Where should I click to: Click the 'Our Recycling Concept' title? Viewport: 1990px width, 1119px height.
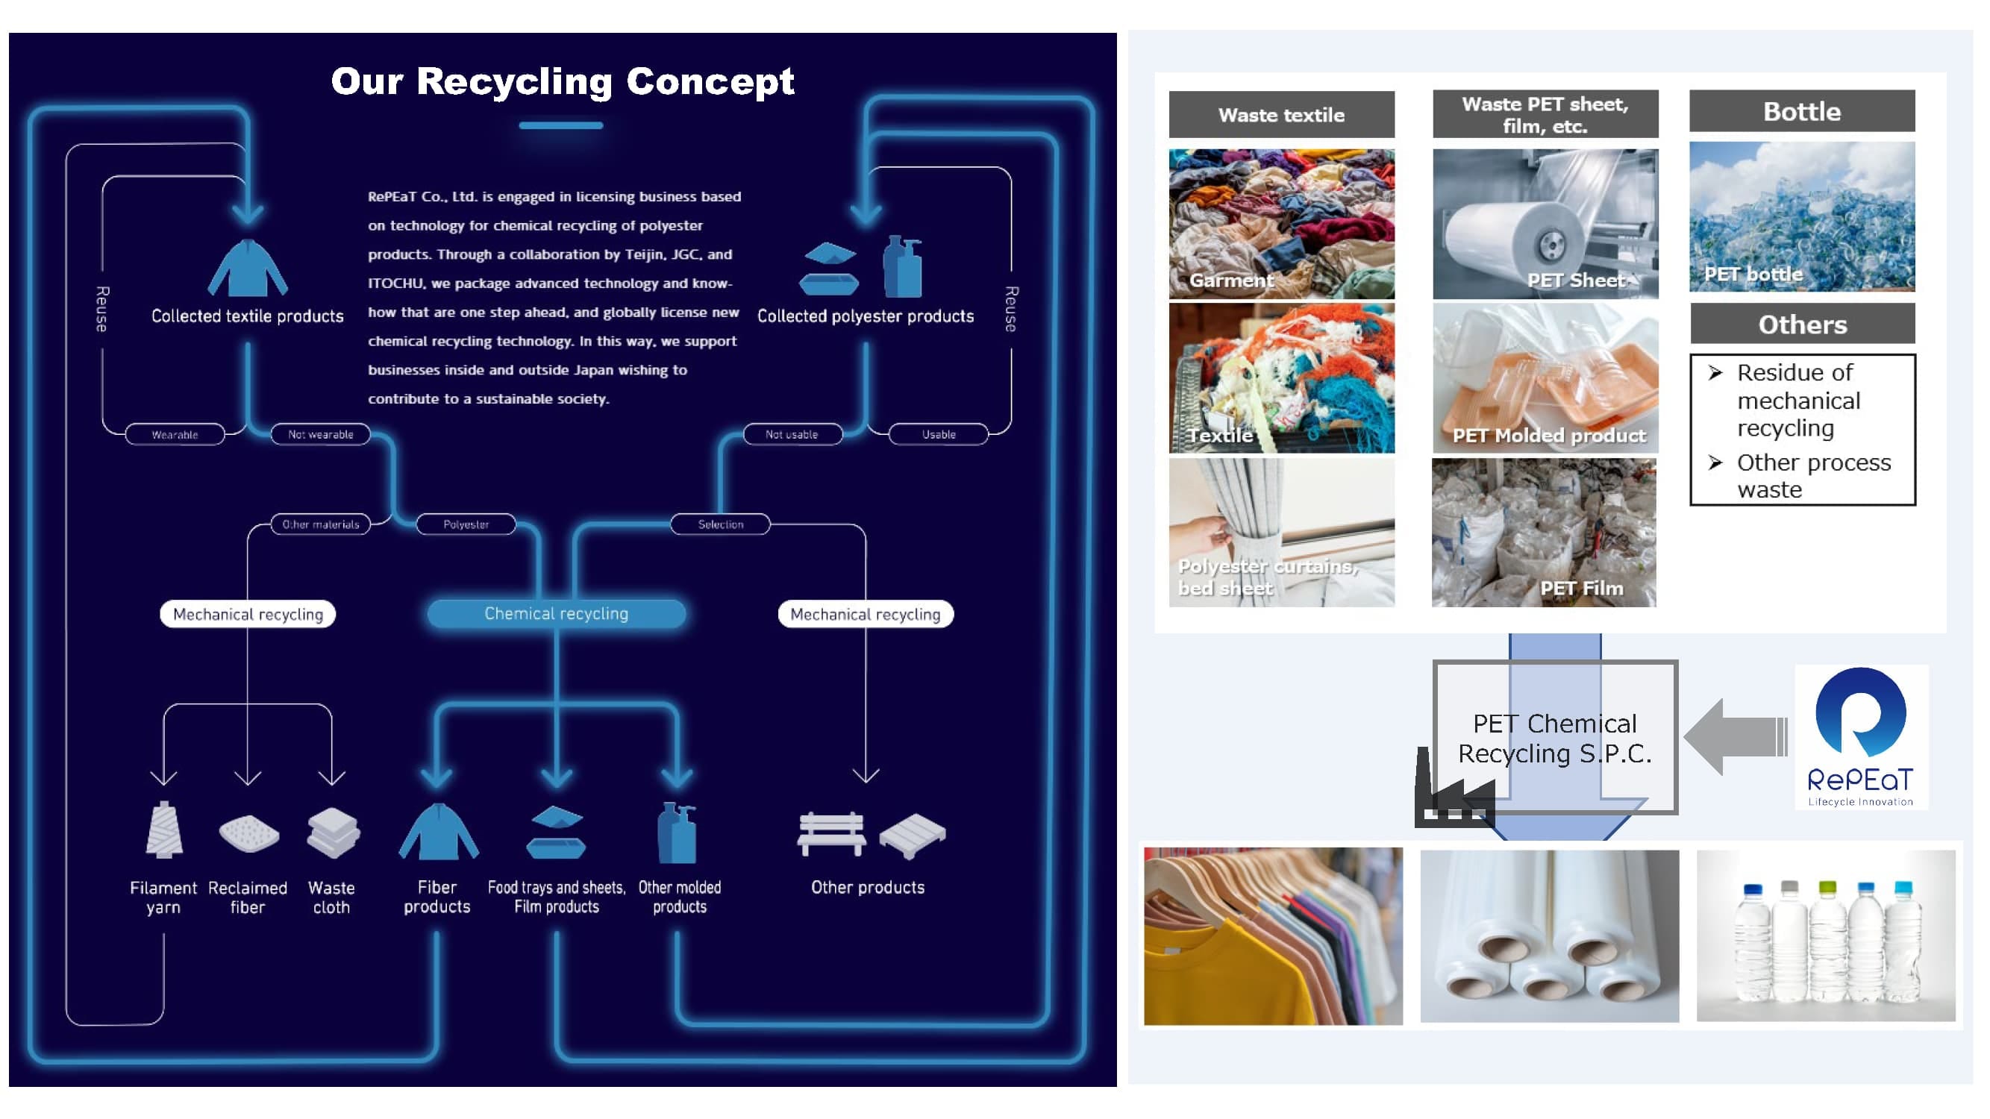562,81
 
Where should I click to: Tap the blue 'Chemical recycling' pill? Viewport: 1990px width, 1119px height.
556,614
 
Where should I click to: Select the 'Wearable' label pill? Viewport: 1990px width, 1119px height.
175,435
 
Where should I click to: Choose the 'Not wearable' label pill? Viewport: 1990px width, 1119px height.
321,435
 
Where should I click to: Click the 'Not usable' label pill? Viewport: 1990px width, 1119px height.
792,435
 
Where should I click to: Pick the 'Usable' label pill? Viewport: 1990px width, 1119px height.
939,435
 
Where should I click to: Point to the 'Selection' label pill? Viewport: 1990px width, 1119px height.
721,524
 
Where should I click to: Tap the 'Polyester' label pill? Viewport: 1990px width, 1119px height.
466,524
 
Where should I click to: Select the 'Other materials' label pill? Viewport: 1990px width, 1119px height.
321,524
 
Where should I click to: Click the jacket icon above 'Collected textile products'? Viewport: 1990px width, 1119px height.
248,269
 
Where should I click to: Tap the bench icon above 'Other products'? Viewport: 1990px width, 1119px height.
831,834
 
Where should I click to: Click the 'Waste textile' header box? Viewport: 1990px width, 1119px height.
1281,115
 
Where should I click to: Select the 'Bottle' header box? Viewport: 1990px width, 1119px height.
1801,111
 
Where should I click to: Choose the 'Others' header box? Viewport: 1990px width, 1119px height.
1802,325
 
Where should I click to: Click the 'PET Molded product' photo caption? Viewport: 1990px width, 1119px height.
1549,436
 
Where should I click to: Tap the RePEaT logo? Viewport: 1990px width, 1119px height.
1860,738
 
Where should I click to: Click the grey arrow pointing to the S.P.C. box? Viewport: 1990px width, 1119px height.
1734,737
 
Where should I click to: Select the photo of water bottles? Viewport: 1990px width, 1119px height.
1825,936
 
